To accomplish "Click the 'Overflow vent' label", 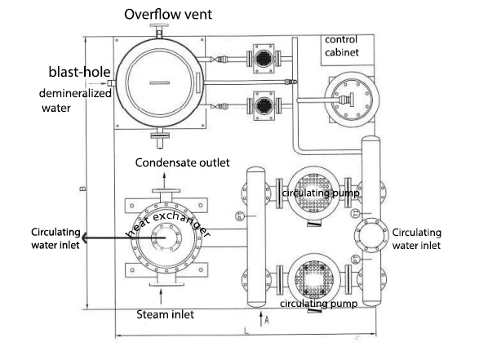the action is click(168, 15).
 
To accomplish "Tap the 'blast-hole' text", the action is click(80, 72).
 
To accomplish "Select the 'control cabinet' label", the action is click(342, 46).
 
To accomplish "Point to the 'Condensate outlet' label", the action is click(182, 162).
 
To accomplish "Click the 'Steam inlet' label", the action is click(166, 314).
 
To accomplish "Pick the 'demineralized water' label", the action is click(75, 100).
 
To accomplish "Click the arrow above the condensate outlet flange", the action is click(164, 180).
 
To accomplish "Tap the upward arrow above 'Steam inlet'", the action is click(161, 296).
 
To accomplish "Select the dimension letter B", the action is click(82, 189).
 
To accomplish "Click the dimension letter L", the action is click(246, 331).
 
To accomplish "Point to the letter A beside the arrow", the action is click(267, 320).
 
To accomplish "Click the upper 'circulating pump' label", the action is click(321, 193).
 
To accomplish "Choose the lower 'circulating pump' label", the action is click(318, 304).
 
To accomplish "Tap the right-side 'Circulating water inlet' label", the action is click(417, 239).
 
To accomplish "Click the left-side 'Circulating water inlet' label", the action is click(55, 238).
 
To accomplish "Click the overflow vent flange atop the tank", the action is click(159, 25).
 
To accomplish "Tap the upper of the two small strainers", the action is click(264, 59).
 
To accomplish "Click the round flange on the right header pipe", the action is click(371, 236).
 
